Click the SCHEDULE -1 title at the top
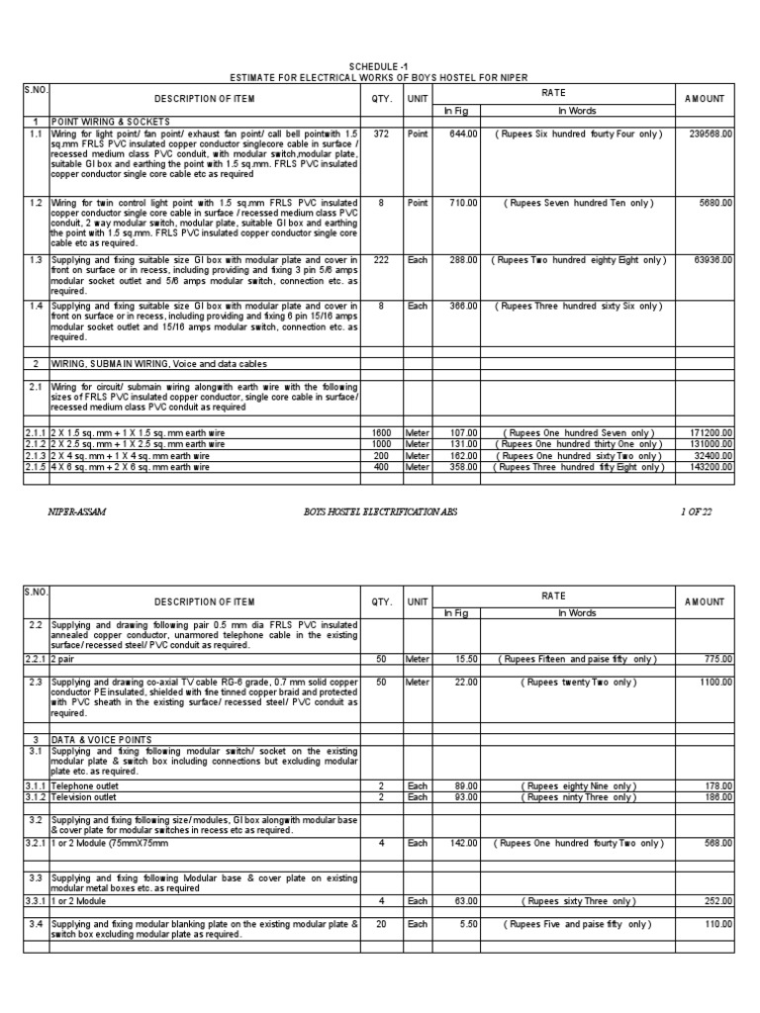click(380, 66)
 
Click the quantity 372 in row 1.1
click(381, 133)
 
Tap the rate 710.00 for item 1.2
click(462, 202)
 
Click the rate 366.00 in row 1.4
click(462, 307)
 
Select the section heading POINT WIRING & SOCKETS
click(103, 121)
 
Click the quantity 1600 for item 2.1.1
click(381, 432)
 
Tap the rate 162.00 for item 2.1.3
click(462, 455)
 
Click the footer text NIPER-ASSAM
click(76, 510)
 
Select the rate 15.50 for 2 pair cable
click(463, 658)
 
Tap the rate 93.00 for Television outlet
click(463, 796)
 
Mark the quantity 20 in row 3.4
click(381, 923)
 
